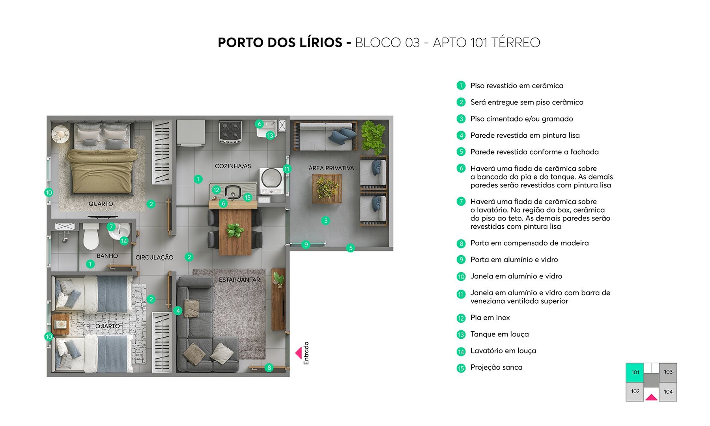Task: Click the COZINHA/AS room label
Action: pyautogui.click(x=233, y=166)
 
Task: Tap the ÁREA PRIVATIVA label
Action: pyautogui.click(x=331, y=168)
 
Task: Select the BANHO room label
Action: pyautogui.click(x=107, y=256)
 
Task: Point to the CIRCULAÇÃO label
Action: pyautogui.click(x=154, y=257)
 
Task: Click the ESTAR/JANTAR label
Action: pyautogui.click(x=239, y=280)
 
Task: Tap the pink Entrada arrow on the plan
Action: pyautogui.click(x=299, y=353)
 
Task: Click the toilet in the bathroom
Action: pyautogui.click(x=91, y=236)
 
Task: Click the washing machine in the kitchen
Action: pyautogui.click(x=271, y=179)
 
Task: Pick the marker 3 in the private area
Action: pyautogui.click(x=325, y=220)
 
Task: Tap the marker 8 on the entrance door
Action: pyautogui.click(x=269, y=368)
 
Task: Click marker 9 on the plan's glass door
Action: pyautogui.click(x=306, y=245)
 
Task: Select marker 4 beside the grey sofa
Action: pyautogui.click(x=178, y=310)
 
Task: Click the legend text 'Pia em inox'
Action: pyautogui.click(x=490, y=318)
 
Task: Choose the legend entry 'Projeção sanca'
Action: pyautogui.click(x=496, y=367)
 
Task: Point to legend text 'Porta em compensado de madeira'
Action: pyautogui.click(x=529, y=243)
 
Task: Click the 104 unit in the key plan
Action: pyautogui.click(x=668, y=392)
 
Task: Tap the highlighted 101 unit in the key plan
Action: pyautogui.click(x=635, y=372)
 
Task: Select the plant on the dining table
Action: pyautogui.click(x=235, y=230)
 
